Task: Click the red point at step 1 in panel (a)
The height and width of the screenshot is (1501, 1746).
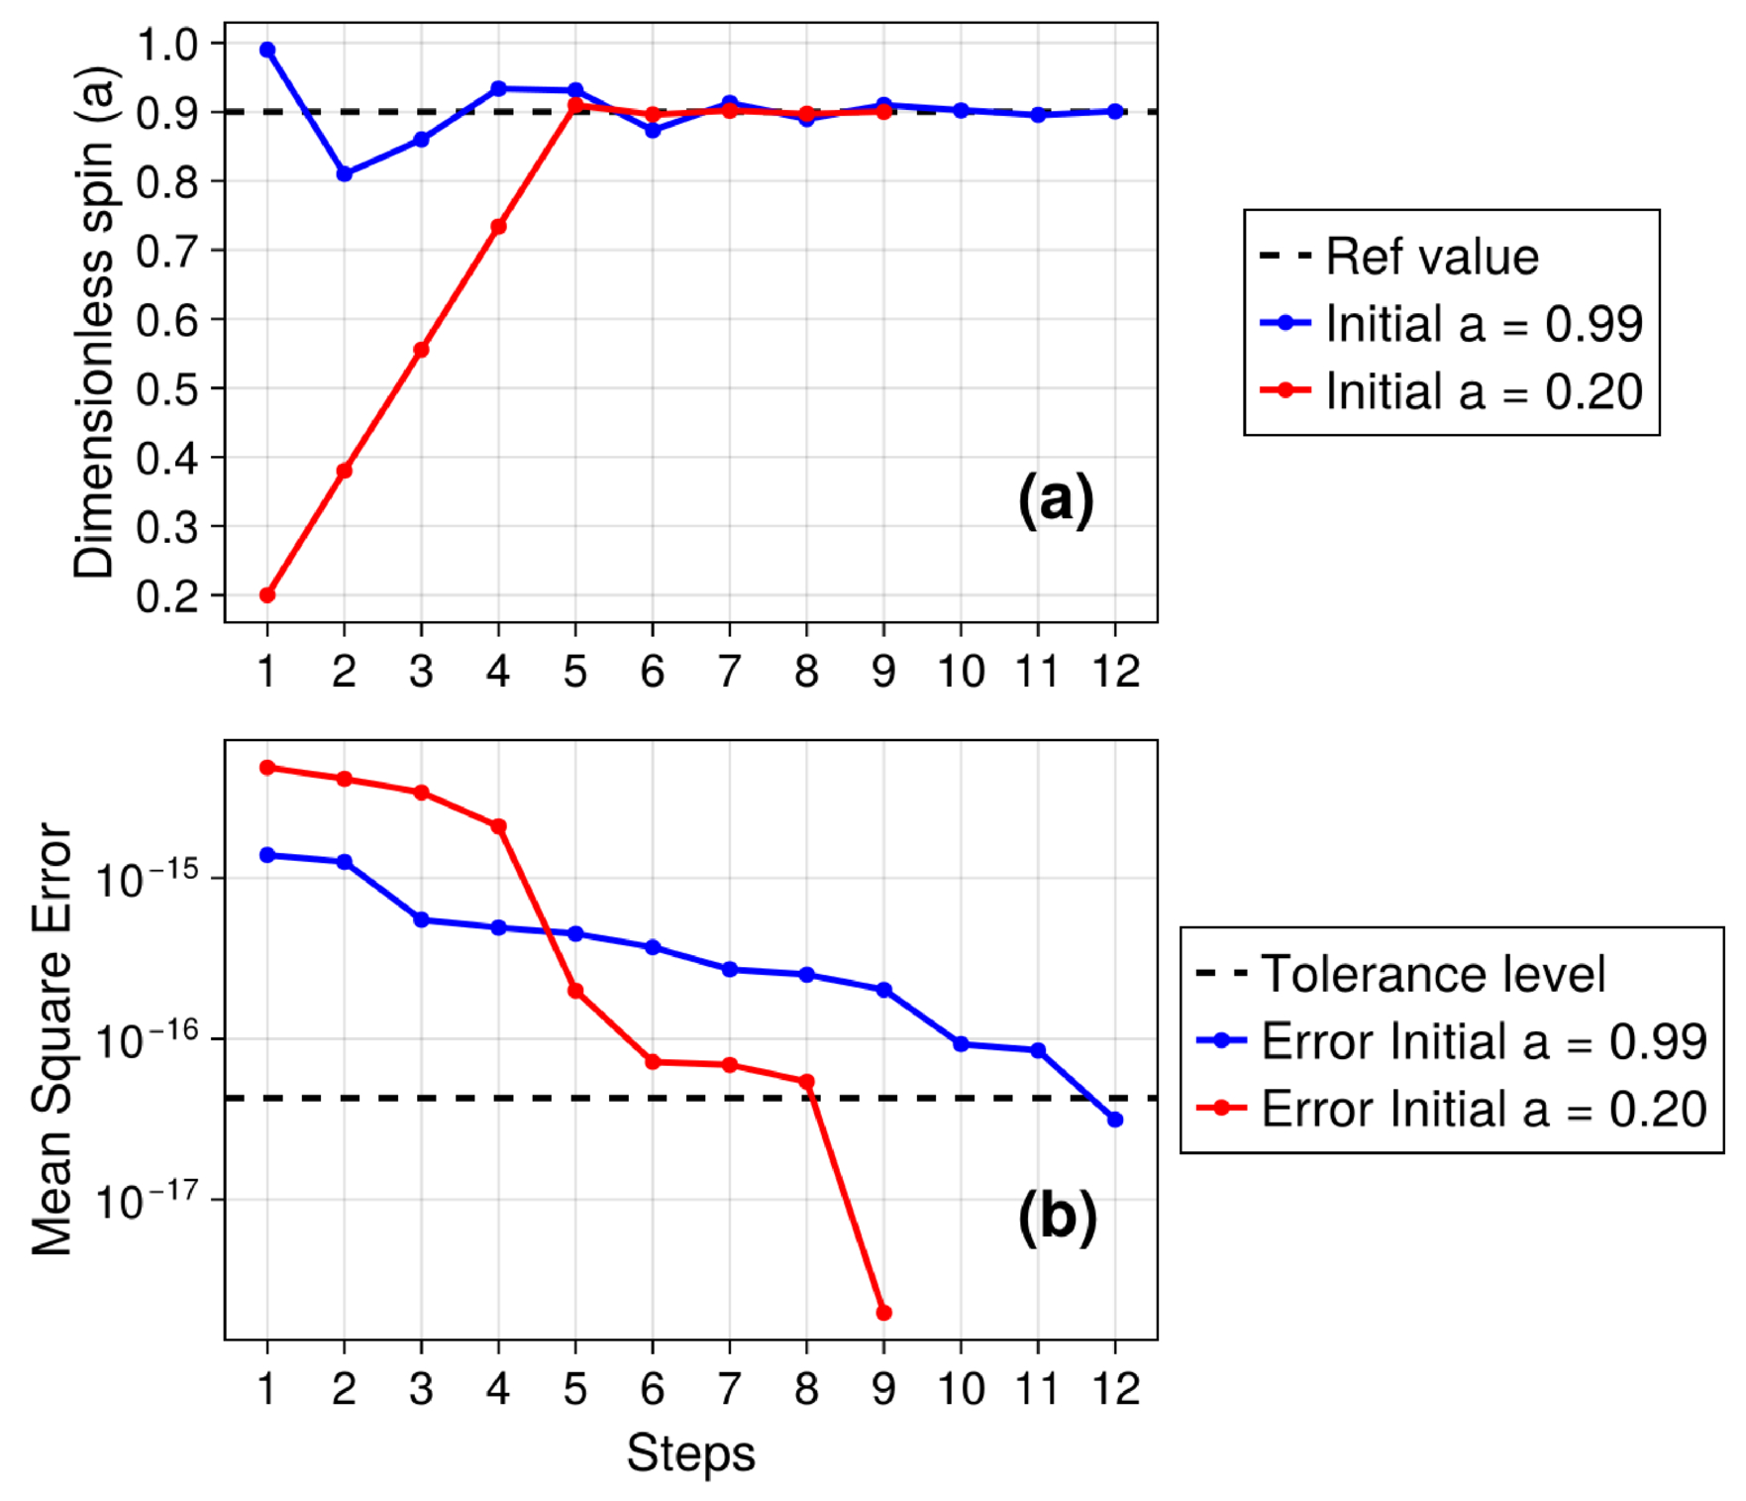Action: click(x=267, y=595)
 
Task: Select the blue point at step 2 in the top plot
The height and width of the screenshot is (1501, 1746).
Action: click(x=345, y=174)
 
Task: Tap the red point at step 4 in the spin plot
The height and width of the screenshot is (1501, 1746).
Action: click(x=499, y=227)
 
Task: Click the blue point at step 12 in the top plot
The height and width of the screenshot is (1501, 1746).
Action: click(x=1115, y=112)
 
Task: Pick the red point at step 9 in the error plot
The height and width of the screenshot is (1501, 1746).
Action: click(x=884, y=1313)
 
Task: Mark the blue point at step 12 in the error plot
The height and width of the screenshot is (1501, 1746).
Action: click(x=1115, y=1120)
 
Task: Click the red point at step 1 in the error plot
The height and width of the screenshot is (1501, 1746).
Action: click(x=267, y=768)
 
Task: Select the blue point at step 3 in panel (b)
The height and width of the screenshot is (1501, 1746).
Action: click(x=421, y=919)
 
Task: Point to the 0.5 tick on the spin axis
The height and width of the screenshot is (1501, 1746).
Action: click(x=166, y=389)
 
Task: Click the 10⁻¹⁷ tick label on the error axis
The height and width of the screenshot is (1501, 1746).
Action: click(x=147, y=1201)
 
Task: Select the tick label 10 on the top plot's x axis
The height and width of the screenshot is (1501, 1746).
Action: click(x=961, y=672)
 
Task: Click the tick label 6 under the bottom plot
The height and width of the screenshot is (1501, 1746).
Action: click(x=653, y=1389)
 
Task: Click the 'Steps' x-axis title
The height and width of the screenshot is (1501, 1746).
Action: click(x=690, y=1453)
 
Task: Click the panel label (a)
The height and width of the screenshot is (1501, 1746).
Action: click(x=1056, y=498)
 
